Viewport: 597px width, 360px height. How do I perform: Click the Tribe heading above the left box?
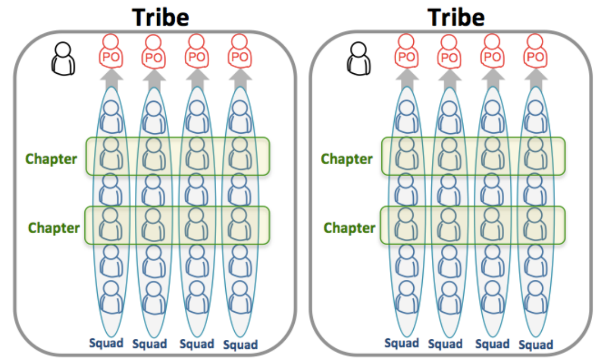pos(160,17)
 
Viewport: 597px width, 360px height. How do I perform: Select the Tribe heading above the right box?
pos(456,17)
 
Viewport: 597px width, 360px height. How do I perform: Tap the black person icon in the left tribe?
pos(63,58)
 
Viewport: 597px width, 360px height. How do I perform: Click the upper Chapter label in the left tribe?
pos(52,158)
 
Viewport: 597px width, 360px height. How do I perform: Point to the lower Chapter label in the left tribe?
pos(54,227)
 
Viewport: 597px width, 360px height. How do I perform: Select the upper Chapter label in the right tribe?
pos(347,158)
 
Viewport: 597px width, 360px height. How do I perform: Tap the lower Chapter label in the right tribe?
pos(349,227)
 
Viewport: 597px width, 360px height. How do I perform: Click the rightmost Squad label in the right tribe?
pos(535,345)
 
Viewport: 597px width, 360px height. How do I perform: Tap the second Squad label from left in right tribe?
pos(445,344)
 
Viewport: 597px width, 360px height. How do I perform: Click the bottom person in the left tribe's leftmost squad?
pos(111,297)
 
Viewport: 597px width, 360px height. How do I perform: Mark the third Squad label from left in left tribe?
pos(197,344)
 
